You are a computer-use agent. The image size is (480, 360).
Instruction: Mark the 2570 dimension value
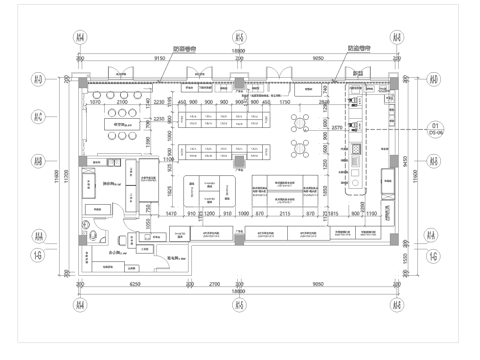pos(337,127)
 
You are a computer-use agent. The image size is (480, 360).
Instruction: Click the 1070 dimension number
pos(97,102)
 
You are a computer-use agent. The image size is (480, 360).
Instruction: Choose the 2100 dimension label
pos(122,102)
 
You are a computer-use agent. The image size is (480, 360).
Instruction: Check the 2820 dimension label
pos(324,102)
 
